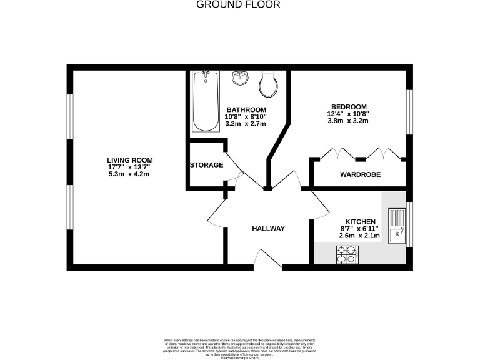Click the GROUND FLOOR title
[239, 4]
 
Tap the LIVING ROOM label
[129, 159]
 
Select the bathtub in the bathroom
[204, 101]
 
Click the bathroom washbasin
[239, 78]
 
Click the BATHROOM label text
[246, 109]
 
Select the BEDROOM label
[347, 106]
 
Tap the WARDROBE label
[360, 174]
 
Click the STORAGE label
[206, 165]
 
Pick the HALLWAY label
[268, 229]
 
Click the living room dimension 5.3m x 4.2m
[129, 174]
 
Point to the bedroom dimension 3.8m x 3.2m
[347, 121]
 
